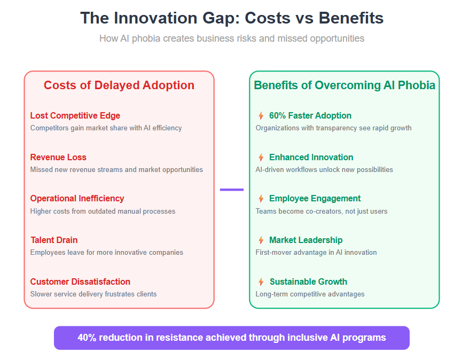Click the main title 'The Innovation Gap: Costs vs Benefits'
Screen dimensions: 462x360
coord(232,18)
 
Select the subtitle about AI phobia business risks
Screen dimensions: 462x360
coord(232,38)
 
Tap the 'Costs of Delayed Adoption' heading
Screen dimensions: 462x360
coord(119,85)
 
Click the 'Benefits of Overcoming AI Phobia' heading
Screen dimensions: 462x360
coord(344,85)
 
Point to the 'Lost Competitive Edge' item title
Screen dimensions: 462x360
coord(75,115)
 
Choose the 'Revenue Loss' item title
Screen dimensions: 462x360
coord(58,157)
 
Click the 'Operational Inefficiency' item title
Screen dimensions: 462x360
coord(77,199)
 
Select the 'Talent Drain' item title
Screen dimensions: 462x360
coord(54,240)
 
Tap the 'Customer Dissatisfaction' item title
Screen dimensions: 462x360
coord(80,281)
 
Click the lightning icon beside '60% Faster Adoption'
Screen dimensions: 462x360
coord(261,115)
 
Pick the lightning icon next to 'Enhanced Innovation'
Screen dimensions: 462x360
coord(261,158)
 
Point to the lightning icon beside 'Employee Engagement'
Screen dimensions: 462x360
coord(261,199)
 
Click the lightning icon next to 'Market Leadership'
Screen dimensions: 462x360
coord(261,240)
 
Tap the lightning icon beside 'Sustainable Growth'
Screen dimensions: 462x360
coord(261,282)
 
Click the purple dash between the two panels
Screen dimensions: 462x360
coord(232,190)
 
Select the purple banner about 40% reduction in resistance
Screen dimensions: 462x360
coord(232,338)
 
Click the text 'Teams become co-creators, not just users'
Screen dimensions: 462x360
coord(322,211)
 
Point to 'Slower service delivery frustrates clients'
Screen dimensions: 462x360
coord(93,294)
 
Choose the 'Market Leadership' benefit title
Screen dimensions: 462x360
coord(306,240)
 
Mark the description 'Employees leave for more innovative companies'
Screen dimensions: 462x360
coord(107,253)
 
